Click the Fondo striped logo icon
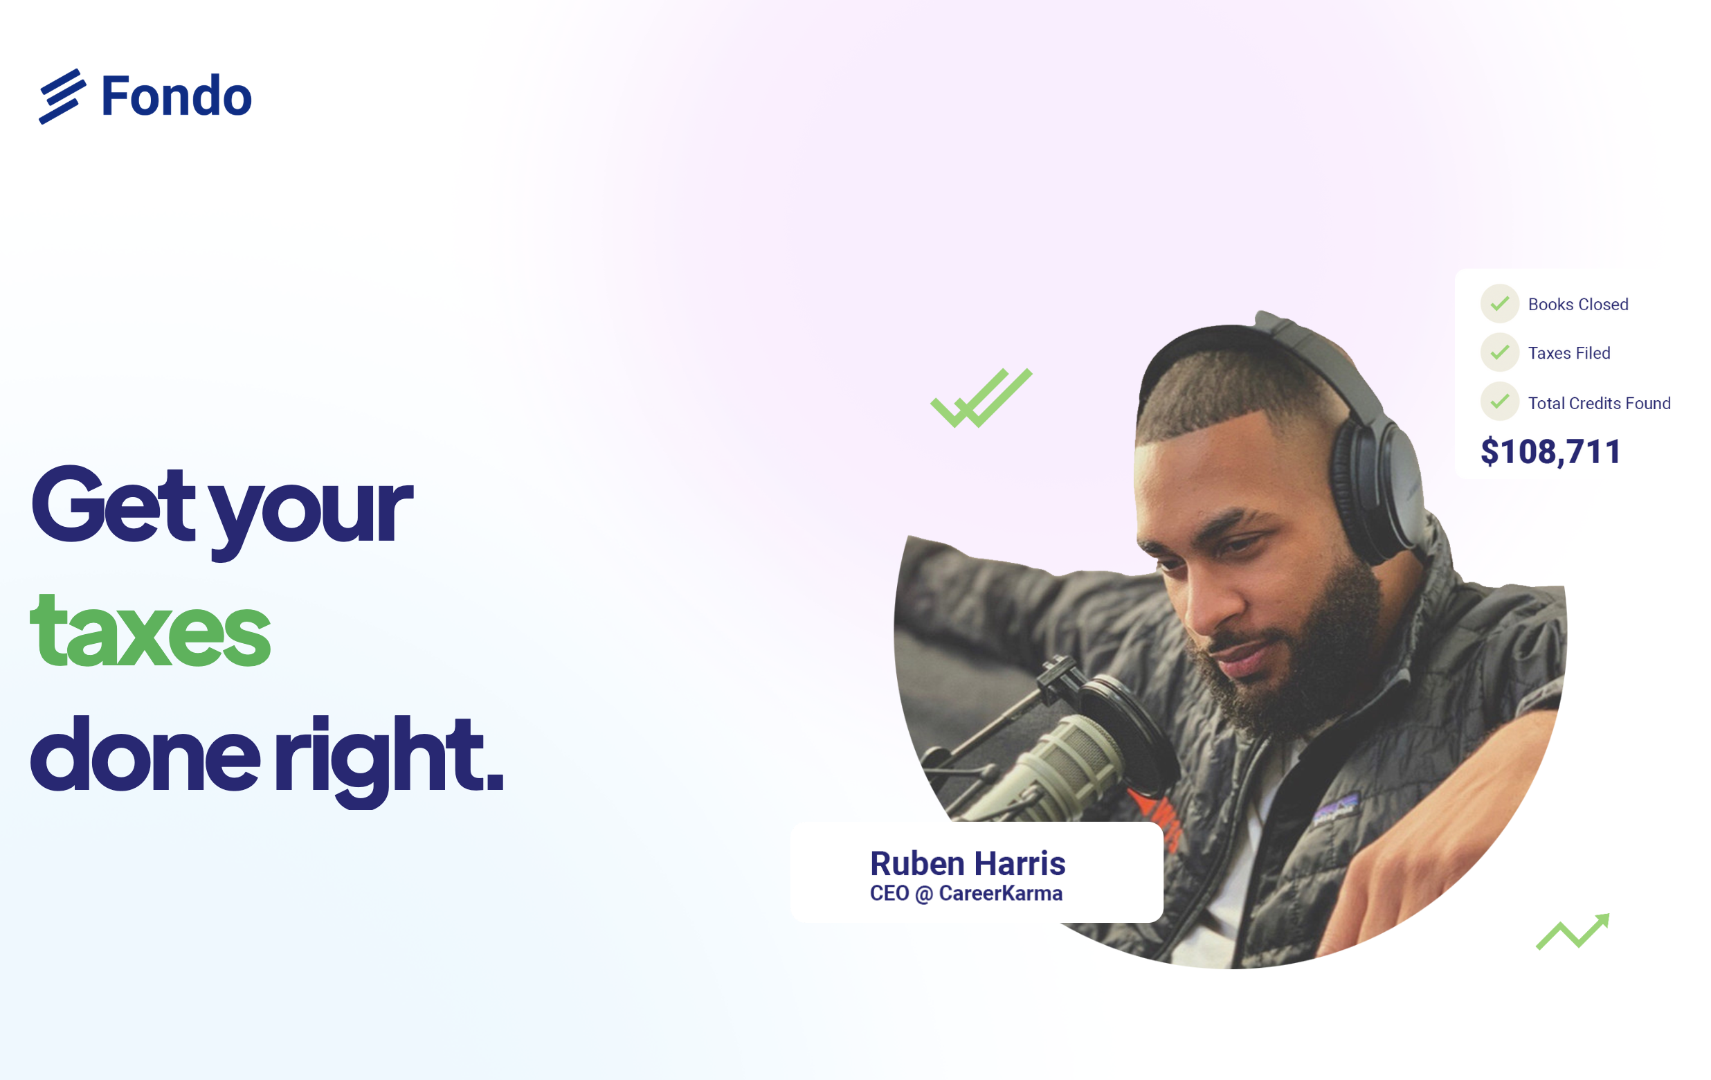tap(62, 96)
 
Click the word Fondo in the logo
tap(176, 96)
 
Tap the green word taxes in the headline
tap(150, 630)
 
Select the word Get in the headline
tap(112, 505)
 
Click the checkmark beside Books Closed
tap(1499, 304)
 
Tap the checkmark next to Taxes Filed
tap(1499, 352)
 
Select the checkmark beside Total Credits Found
tap(1499, 402)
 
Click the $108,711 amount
tap(1550, 452)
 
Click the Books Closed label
tap(1578, 305)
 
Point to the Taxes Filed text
tap(1569, 353)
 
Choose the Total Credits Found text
tap(1600, 404)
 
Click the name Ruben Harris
tap(968, 864)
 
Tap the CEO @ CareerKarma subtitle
tap(966, 893)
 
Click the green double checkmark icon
tap(981, 398)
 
